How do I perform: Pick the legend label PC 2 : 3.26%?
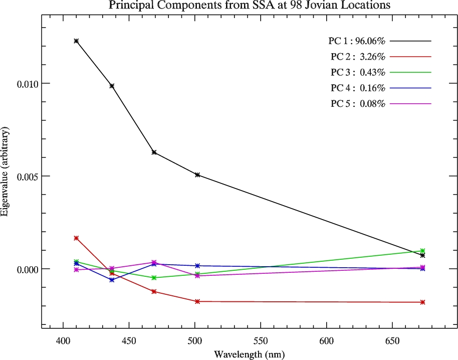pos(356,57)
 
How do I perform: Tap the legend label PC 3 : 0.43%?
pos(356,72)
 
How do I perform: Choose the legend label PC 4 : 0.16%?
pos(356,88)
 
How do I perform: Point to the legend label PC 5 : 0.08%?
pos(356,104)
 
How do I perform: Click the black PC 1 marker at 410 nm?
pos(76,41)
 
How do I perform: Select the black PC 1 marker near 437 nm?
pos(112,86)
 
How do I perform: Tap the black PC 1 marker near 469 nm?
pos(154,152)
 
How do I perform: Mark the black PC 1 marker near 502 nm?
pos(197,175)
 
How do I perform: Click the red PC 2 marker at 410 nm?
pos(76,238)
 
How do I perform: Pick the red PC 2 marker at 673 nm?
pos(423,302)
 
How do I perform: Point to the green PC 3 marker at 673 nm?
pos(423,251)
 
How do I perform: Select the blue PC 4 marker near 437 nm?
pos(112,280)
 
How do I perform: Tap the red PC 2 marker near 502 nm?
pos(197,301)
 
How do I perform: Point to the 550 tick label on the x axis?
pos(261,339)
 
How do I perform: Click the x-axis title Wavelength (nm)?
pos(249,354)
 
